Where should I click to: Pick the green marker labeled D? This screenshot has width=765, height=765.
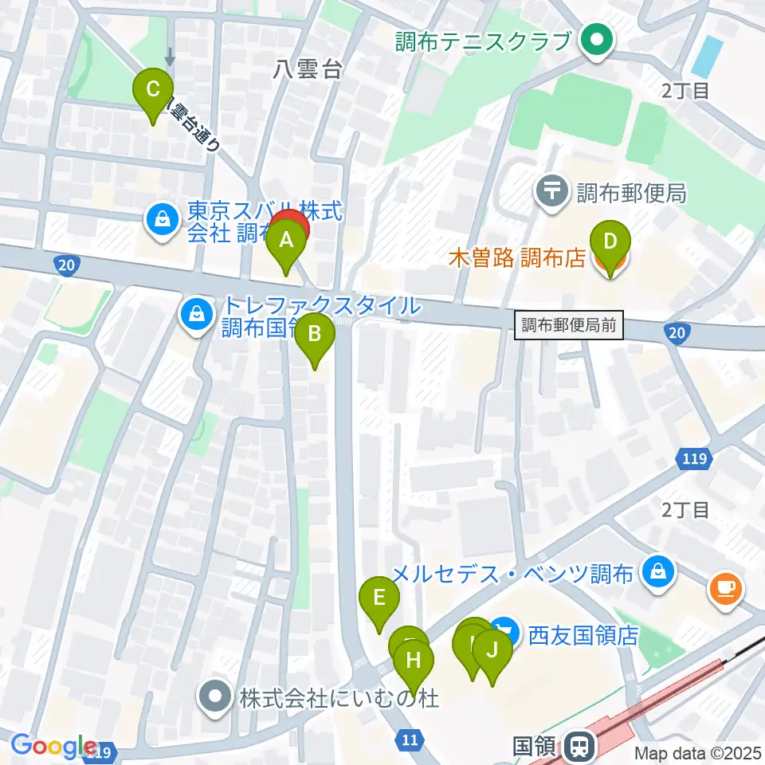610,242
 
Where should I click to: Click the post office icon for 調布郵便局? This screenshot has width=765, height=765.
551,192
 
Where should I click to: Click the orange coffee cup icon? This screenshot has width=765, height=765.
725,590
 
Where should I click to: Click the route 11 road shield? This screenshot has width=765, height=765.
410,741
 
